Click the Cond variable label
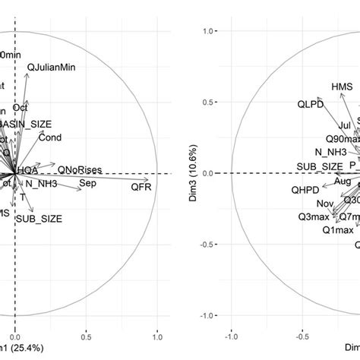click(50, 137)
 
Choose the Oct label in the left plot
click(42, 107)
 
